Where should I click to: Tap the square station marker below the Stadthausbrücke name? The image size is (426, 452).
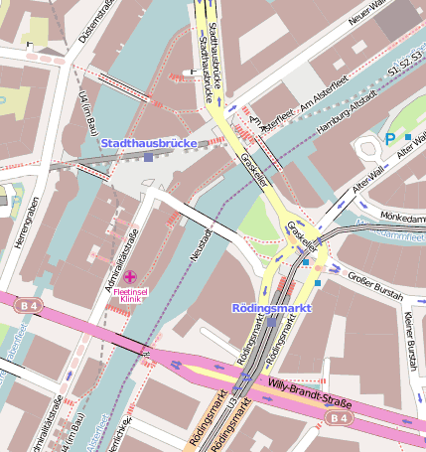[x=148, y=156]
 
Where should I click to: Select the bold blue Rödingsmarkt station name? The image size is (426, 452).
[x=271, y=308]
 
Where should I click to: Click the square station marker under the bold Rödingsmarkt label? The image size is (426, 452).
[x=272, y=322]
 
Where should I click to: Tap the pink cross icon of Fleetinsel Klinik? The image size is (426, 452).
[x=131, y=275]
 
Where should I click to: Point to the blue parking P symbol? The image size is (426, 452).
[x=390, y=139]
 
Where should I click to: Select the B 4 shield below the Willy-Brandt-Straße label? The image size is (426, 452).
[x=339, y=419]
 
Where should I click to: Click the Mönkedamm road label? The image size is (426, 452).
[x=401, y=216]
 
